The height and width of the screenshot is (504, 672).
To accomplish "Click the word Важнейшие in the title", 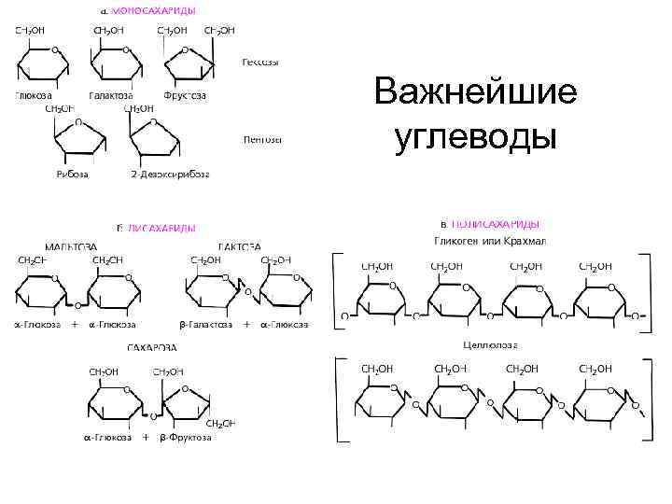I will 475,94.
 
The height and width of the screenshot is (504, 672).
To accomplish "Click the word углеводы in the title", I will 475,136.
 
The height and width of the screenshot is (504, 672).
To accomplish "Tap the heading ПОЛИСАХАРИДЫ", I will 495,224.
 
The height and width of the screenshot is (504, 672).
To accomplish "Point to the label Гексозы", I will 260,63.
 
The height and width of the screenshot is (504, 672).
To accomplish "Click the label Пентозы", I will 262,140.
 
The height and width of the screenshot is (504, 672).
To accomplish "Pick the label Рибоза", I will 73,175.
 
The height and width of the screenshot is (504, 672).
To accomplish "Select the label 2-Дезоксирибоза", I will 170,175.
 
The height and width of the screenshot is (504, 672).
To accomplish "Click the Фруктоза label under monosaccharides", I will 184,95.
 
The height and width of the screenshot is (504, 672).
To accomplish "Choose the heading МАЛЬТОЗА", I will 71,247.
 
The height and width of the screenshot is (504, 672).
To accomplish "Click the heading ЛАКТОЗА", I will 239,247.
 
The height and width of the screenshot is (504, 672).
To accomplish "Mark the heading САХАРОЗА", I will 152,348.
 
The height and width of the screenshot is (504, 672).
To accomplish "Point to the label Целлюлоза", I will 490,345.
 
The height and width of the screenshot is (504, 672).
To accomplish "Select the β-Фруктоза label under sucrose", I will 186,437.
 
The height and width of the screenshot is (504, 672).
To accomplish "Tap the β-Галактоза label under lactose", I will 205,325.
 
